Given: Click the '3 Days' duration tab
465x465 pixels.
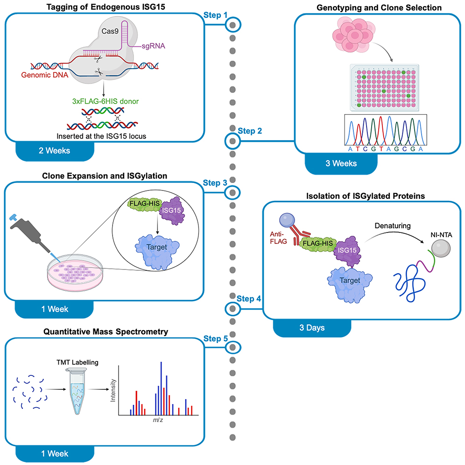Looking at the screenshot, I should pos(313,328).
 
